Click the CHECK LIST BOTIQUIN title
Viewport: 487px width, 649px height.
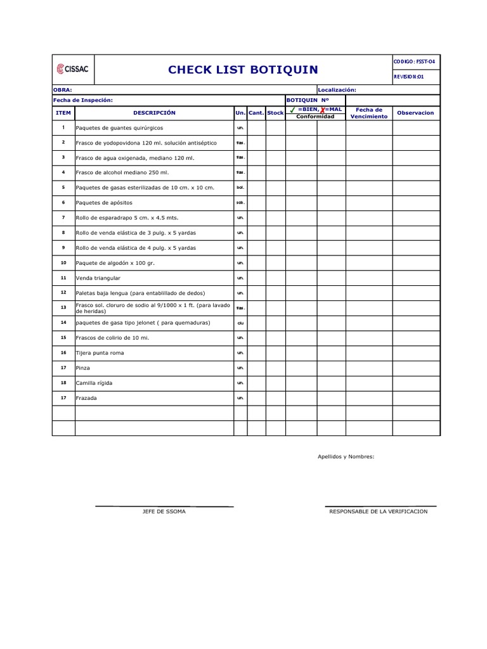[x=243, y=70]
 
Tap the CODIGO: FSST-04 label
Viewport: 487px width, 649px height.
[x=414, y=61]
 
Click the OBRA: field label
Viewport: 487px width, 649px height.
[x=63, y=90]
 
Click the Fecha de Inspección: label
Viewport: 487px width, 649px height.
[x=82, y=100]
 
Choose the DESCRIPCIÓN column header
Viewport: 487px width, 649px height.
[x=154, y=113]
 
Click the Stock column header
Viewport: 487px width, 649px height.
[x=275, y=113]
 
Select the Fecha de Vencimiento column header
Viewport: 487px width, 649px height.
[x=368, y=113]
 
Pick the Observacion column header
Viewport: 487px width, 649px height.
[x=415, y=113]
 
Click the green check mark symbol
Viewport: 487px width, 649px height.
[x=292, y=110]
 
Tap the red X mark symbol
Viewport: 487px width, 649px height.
[x=323, y=110]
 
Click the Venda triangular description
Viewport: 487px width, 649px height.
[x=98, y=278]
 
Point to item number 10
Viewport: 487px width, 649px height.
[x=63, y=262]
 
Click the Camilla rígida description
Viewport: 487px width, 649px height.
[x=94, y=383]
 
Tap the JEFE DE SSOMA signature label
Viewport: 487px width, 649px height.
[x=164, y=511]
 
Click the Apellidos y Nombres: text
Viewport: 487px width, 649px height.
[x=346, y=456]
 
